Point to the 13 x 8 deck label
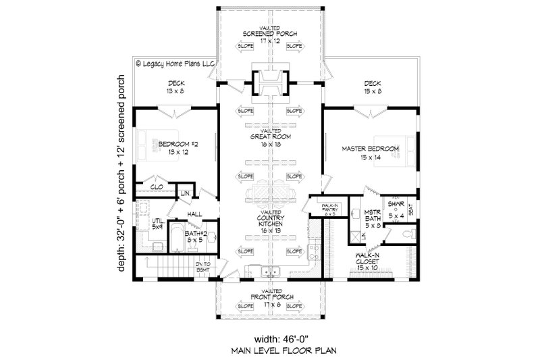(162, 88)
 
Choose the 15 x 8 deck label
(371, 88)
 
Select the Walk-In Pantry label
(330, 209)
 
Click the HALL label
(194, 214)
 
